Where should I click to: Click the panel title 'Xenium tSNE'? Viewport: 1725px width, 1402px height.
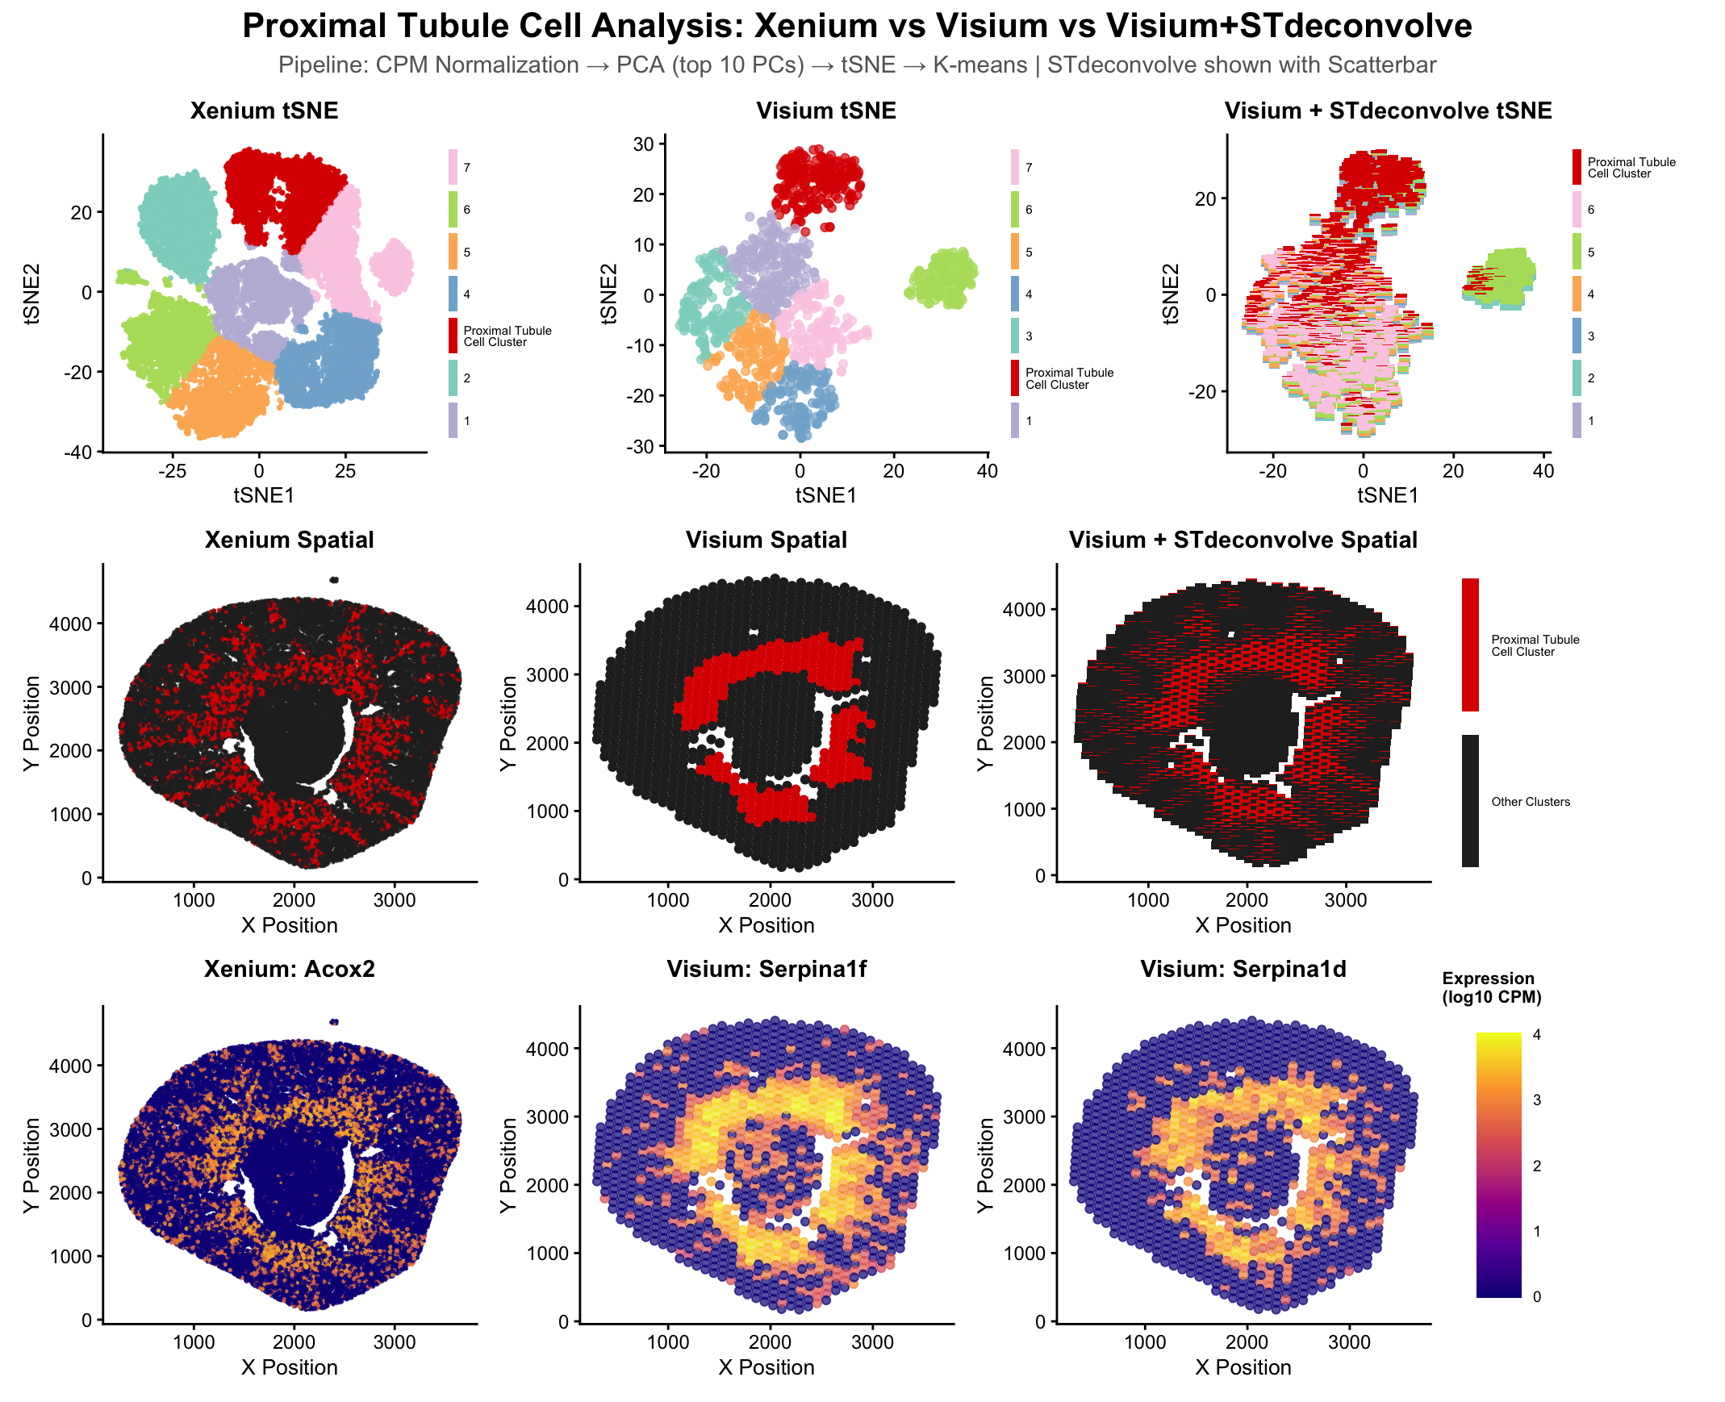pos(263,111)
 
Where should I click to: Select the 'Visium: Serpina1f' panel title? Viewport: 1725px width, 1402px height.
pos(766,968)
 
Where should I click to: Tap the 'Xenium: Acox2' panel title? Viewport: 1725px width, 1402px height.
pos(289,968)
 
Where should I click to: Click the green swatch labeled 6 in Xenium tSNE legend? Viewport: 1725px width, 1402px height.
pos(453,209)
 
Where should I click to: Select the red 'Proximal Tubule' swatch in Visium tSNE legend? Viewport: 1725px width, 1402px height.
pos(1014,378)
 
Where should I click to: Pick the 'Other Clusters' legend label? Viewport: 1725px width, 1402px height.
pos(1530,802)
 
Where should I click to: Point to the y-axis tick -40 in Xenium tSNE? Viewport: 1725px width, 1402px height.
pos(82,452)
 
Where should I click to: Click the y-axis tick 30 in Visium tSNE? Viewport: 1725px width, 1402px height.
pos(644,144)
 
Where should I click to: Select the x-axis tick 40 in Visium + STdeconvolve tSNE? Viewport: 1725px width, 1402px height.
pos(1543,471)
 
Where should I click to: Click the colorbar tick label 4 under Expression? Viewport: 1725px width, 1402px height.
pos(1536,1034)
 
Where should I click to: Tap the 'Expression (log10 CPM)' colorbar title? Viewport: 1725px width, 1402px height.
pos(1491,987)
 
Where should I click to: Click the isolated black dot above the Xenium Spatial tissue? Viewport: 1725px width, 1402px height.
pos(333,580)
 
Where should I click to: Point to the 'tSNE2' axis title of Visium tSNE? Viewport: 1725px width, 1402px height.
pos(609,293)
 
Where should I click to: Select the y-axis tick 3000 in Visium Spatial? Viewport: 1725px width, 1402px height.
pos(547,674)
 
